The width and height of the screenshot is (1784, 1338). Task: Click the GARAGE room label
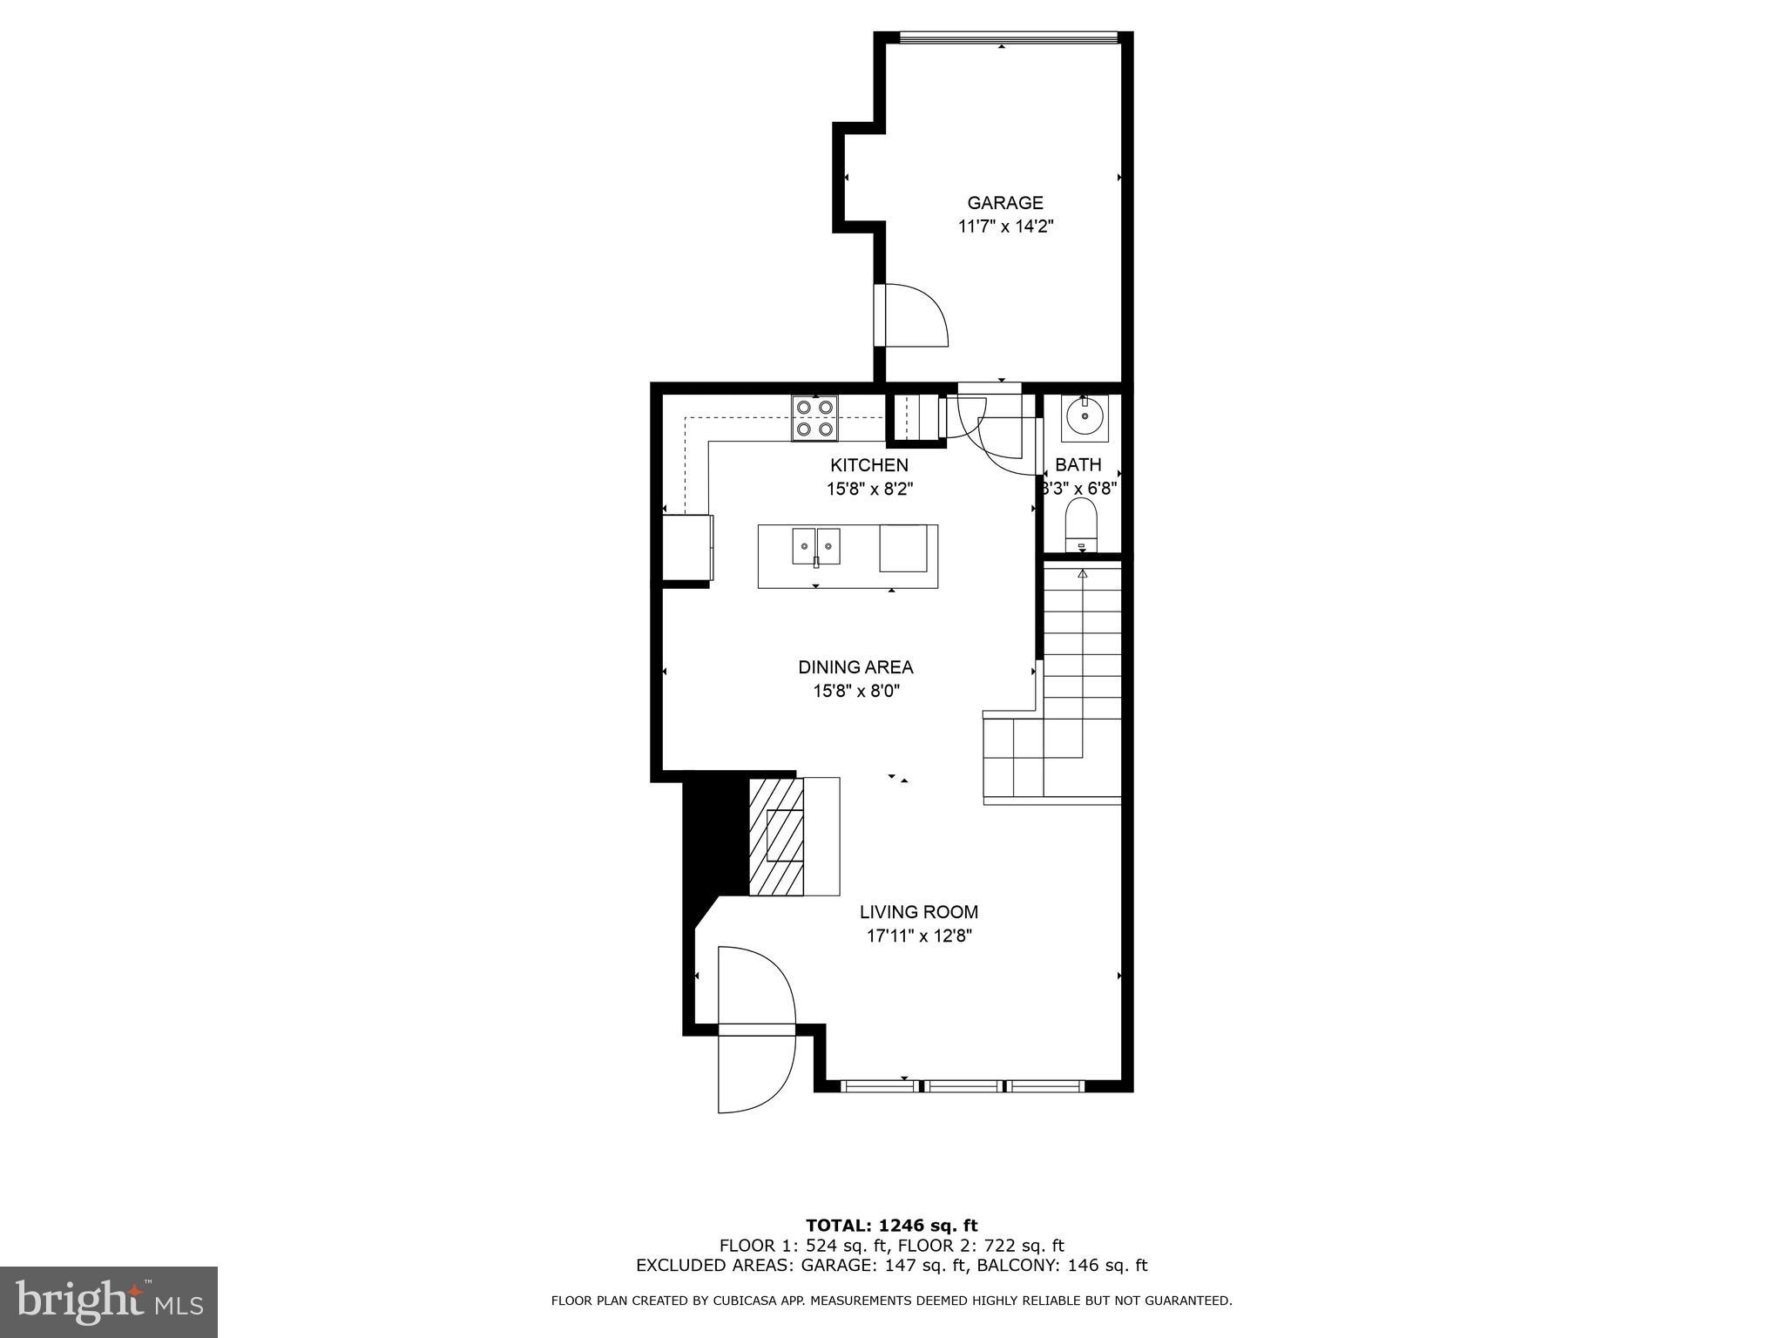pos(1004,203)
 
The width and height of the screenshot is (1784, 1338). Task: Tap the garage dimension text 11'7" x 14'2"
pos(1004,226)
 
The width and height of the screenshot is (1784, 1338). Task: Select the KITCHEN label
pos(868,465)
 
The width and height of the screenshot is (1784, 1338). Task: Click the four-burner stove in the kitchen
pos(814,418)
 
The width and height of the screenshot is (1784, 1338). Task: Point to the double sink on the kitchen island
pos(816,547)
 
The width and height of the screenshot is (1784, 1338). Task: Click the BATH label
pos(1078,464)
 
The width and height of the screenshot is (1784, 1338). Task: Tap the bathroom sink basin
pos(1085,417)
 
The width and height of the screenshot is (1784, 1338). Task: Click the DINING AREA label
pos(855,667)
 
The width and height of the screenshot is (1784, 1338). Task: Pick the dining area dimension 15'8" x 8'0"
pos(855,691)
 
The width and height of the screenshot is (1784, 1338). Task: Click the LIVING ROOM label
pos(918,912)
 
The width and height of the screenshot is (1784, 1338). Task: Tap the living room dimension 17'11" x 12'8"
pos(918,936)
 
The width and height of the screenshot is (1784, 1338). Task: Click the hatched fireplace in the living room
pos(777,836)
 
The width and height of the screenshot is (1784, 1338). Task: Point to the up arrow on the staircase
pos(1083,574)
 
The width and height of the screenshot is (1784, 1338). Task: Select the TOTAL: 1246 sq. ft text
pos(891,1226)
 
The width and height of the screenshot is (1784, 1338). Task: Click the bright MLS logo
pos(109,1301)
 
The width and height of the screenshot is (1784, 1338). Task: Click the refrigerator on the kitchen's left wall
pos(686,547)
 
